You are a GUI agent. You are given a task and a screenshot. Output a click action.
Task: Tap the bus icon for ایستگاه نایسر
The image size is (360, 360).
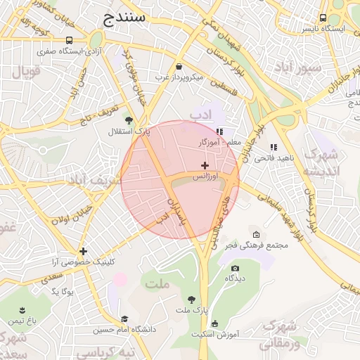click(323, 18)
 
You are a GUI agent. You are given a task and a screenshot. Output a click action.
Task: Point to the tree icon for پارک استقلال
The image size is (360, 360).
click(128, 120)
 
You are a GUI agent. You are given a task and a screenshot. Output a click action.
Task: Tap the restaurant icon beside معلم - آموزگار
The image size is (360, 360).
click(219, 131)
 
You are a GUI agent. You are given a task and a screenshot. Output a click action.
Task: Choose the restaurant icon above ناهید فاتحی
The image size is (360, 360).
click(274, 147)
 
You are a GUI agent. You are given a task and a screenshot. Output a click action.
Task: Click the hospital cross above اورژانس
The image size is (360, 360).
click(205, 165)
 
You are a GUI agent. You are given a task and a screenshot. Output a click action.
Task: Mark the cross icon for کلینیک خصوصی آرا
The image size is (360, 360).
click(83, 251)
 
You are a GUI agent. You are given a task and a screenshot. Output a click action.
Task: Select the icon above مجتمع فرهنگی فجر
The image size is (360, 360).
click(255, 234)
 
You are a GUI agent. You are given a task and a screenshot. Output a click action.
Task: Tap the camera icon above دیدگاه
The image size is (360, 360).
click(235, 268)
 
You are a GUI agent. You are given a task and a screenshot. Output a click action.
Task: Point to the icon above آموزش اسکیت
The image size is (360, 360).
click(214, 323)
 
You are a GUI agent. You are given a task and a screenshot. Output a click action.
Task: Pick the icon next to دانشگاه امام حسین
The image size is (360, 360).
click(124, 319)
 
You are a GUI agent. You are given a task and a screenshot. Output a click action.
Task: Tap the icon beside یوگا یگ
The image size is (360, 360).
click(49, 290)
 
